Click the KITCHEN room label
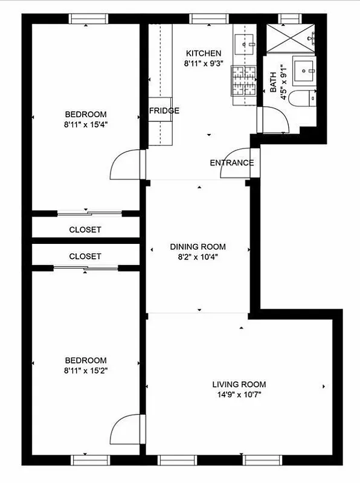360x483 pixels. pos(203,53)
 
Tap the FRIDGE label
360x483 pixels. pos(164,110)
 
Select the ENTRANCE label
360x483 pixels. pos(231,163)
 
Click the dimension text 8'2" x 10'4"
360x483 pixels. pos(198,257)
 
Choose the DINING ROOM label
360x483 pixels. pos(198,246)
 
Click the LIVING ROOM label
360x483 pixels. pos(239,385)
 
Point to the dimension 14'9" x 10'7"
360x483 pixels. pos(239,395)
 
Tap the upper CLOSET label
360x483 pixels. pos(85,230)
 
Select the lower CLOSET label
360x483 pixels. pos(85,256)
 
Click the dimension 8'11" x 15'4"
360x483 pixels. pos(86,124)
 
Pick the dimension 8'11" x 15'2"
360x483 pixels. pos(86,370)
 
